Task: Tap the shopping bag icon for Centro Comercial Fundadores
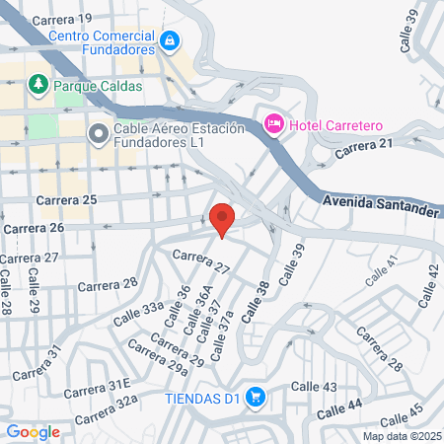tap(171, 40)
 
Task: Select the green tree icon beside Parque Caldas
tap(38, 85)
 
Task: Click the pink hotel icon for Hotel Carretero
tap(273, 123)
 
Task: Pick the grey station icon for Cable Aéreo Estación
tap(99, 133)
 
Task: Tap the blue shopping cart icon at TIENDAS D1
tap(255, 397)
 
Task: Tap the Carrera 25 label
tap(66, 201)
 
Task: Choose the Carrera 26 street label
tap(34, 228)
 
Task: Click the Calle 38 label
tap(253, 299)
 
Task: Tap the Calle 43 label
tap(315, 387)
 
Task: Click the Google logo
tap(33, 431)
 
